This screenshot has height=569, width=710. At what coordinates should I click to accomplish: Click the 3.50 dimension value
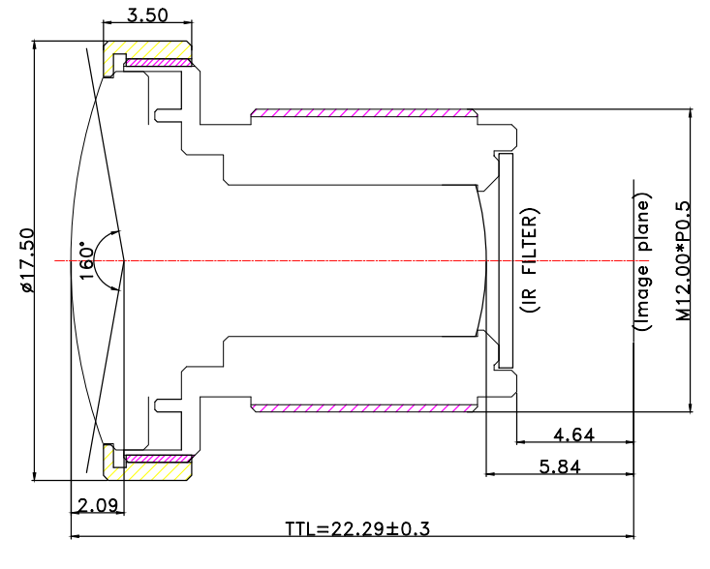click(148, 15)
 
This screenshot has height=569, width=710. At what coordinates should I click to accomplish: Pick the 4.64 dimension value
click(574, 434)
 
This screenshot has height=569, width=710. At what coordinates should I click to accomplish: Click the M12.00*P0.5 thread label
click(682, 259)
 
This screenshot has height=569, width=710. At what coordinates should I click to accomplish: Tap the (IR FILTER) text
click(529, 260)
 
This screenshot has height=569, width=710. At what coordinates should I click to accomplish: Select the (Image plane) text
click(642, 259)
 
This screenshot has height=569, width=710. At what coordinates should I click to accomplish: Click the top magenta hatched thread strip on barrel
click(363, 113)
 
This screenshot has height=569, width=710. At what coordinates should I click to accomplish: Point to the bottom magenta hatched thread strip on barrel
click(363, 406)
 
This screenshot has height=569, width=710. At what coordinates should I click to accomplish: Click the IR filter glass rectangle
click(504, 260)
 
